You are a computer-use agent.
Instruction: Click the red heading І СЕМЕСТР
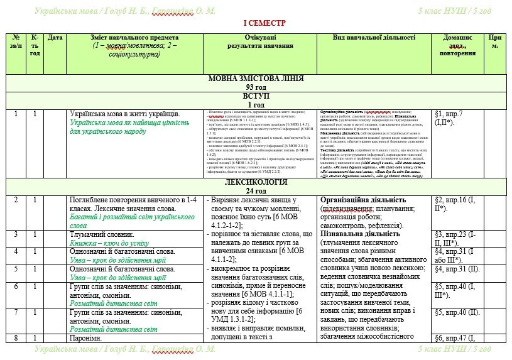pos(264,22)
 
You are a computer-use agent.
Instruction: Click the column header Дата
pos(55,38)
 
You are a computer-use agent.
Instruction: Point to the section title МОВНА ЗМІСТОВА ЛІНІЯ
pos(256,79)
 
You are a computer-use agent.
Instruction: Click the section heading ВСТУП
pos(256,96)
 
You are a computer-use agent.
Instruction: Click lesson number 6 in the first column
pos(16,286)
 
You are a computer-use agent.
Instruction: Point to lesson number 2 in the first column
pos(16,200)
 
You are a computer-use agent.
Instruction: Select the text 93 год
pos(256,87)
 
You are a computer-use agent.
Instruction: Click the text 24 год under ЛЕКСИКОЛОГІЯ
pos(256,190)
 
